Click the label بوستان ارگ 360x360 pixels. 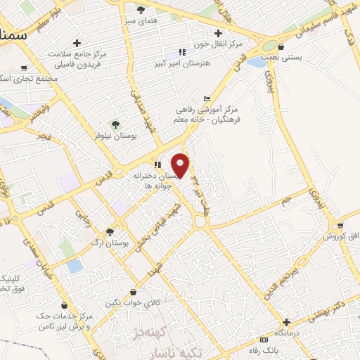(x=111, y=243)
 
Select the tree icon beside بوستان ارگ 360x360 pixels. (x=109, y=231)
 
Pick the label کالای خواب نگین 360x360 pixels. (x=134, y=302)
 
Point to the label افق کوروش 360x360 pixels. (x=341, y=237)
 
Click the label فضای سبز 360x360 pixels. (x=141, y=20)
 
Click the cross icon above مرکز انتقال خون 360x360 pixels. (x=218, y=32)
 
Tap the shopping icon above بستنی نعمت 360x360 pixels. (x=281, y=46)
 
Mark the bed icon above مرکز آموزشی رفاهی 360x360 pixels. (x=206, y=98)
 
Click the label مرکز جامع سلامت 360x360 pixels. (x=77, y=54)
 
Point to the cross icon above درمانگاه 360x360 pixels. (x=285, y=321)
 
